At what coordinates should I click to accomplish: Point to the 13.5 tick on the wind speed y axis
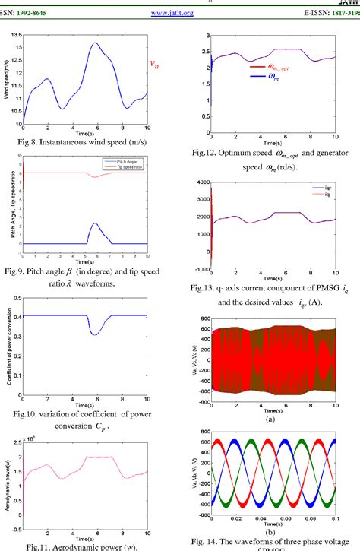[x=15, y=36]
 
